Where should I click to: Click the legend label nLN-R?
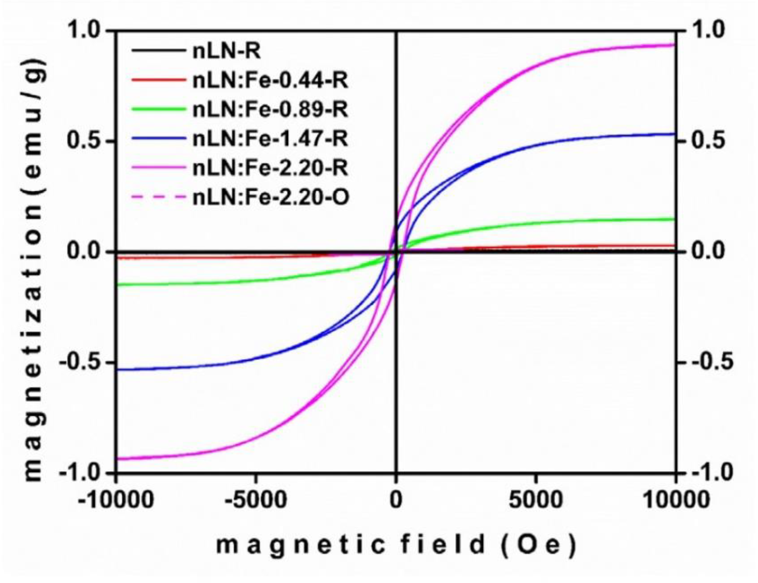(x=226, y=52)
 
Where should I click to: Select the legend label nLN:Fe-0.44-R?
(x=270, y=81)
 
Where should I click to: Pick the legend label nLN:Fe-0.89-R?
(x=270, y=110)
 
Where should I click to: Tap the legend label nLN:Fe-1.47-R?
(x=270, y=139)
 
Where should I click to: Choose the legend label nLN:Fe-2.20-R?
(x=270, y=168)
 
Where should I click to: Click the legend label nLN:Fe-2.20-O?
(x=271, y=197)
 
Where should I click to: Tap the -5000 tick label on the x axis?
(x=256, y=501)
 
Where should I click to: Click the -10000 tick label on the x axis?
(x=116, y=501)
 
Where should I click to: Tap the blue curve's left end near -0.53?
(x=119, y=370)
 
